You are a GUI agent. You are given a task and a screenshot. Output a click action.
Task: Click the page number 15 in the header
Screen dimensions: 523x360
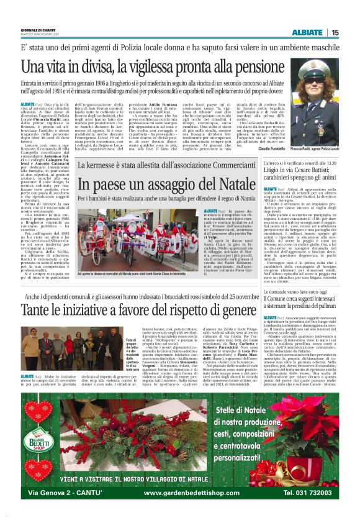(x=335, y=32)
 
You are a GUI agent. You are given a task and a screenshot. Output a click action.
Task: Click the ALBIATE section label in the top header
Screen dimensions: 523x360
(x=307, y=32)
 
